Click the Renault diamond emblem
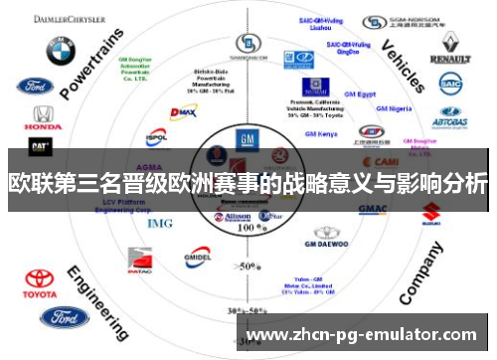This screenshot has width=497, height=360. (x=450, y=44)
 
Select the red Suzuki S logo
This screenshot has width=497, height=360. (x=430, y=212)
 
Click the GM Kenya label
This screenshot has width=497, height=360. (x=321, y=133)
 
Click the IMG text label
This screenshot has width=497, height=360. (x=159, y=223)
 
